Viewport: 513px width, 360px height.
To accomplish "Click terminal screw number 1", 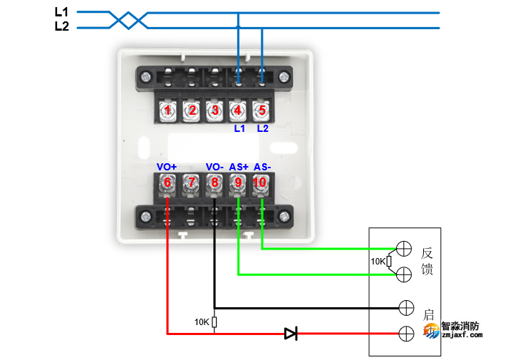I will (168, 110).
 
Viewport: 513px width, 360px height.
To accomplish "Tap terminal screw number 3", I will (214, 110).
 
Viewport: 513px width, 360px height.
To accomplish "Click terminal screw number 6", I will (168, 183).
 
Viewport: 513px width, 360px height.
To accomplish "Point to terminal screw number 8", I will (214, 183).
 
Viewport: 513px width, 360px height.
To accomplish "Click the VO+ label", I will (167, 166).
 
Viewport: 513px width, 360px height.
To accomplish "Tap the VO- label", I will (214, 166).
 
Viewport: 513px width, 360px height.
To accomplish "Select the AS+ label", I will (239, 166).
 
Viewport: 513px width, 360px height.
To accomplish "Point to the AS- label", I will (262, 166).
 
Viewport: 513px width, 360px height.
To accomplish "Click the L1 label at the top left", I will (61, 12).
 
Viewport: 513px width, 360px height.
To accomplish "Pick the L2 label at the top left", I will (61, 27).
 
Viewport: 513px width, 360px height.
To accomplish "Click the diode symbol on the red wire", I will (291, 333).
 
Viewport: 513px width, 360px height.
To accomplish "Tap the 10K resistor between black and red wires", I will (214, 322).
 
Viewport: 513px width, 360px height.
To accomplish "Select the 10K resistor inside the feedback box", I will (389, 261).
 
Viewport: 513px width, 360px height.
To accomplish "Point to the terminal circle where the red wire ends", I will (406, 333).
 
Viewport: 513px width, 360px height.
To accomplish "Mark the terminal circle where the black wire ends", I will (406, 308).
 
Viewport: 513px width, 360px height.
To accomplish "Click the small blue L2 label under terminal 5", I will (262, 129).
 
